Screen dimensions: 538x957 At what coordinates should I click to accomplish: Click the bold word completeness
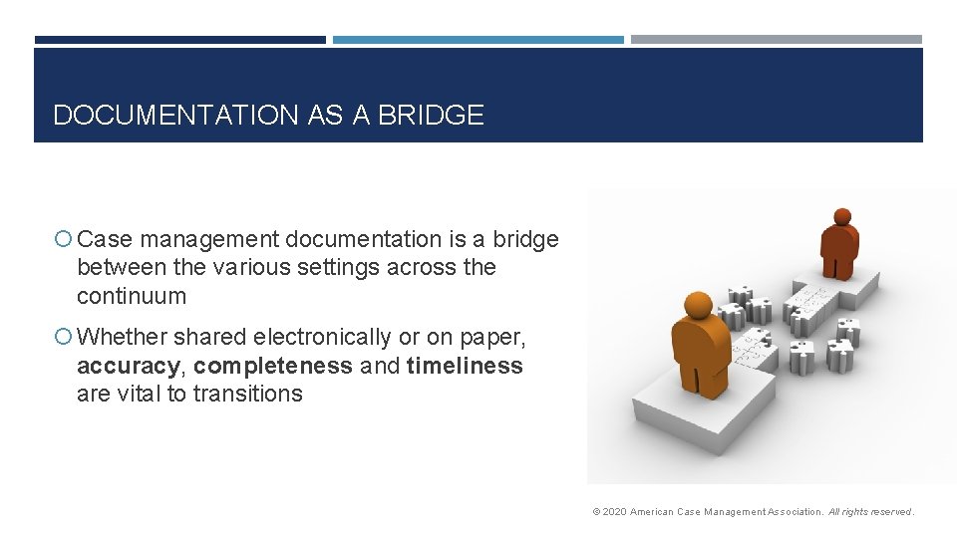tap(273, 366)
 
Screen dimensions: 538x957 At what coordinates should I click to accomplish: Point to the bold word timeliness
tap(465, 366)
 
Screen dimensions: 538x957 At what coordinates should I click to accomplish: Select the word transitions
tap(247, 394)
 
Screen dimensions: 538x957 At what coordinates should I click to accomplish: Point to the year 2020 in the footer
tap(615, 512)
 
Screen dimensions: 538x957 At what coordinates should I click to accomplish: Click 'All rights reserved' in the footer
tap(869, 512)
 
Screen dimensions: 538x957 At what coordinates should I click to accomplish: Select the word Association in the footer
tap(796, 512)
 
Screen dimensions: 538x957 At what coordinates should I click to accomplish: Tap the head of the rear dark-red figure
tap(842, 216)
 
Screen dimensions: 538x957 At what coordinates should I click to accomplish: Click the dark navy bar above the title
tap(179, 40)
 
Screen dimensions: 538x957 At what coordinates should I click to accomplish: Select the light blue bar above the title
tap(478, 40)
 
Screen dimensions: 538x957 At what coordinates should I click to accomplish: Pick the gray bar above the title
tap(777, 40)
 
